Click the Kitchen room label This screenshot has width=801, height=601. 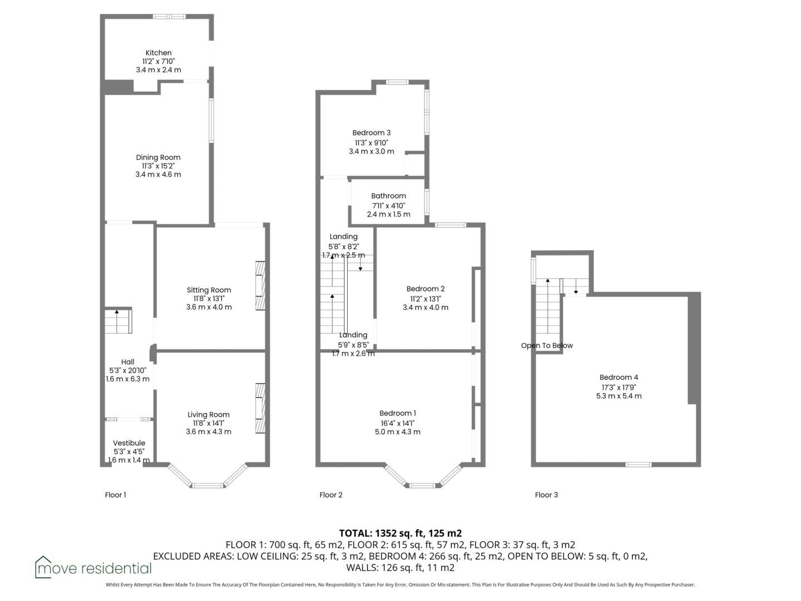pos(159,53)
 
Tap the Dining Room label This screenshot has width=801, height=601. pos(158,157)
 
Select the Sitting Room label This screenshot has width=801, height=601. pos(209,290)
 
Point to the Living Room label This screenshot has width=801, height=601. pos(209,415)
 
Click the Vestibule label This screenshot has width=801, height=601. pos(129,443)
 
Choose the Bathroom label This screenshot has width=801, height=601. pos(388,196)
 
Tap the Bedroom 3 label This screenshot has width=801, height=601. pos(371,133)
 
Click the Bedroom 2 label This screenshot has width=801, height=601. pos(426,289)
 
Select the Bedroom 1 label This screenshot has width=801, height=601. pos(397,413)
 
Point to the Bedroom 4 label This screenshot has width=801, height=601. pos(619,377)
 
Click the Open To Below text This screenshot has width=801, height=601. pos(547,346)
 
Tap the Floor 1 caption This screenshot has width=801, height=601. pos(115,495)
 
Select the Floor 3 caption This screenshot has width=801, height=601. pos(546,495)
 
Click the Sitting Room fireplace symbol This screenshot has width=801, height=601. pos(260,285)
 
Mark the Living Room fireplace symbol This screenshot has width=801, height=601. pos(260,408)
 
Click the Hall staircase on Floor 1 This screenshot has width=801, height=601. pos(118,321)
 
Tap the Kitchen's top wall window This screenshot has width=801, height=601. pos(169,17)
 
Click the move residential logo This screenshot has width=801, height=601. pos(93,568)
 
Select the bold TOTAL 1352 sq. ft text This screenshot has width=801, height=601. pos(400,533)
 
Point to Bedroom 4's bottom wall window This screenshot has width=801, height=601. pos(638,465)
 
